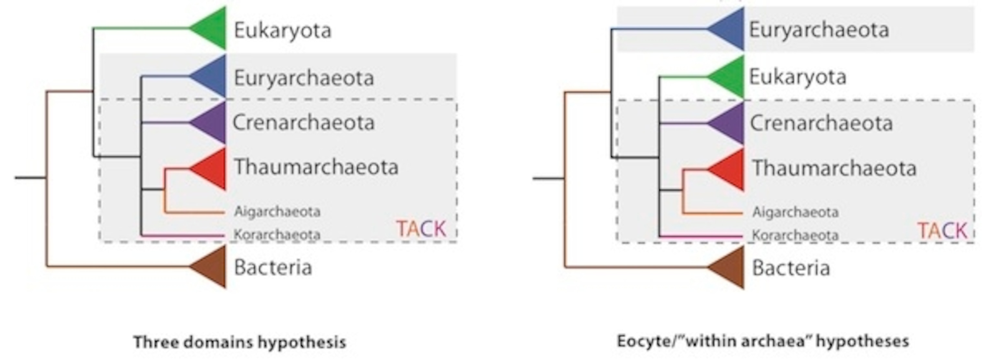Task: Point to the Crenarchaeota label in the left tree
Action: click(303, 123)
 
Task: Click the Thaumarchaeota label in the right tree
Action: click(834, 168)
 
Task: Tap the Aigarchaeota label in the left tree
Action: click(277, 212)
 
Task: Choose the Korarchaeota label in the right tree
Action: click(795, 235)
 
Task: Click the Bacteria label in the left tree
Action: click(273, 267)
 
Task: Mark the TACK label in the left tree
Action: click(421, 229)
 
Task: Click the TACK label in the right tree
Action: click(943, 231)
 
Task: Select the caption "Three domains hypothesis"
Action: click(239, 342)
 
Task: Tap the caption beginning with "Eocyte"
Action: click(762, 341)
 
